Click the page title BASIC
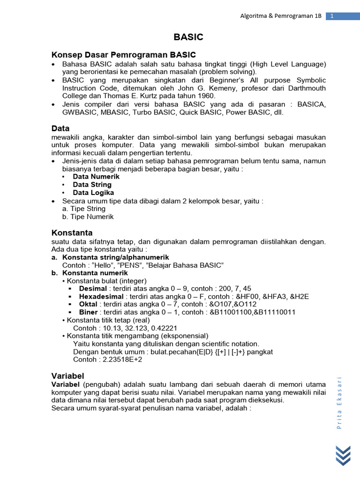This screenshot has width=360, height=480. pyautogui.click(x=188, y=37)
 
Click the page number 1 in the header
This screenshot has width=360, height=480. pyautogui.click(x=332, y=16)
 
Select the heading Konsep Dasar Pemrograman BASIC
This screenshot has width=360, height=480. pyautogui.click(x=123, y=55)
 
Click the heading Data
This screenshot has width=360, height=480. pyautogui.click(x=60, y=128)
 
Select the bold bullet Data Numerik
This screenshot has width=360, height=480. pyautogui.click(x=96, y=177)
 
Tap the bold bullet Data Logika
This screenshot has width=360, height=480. pyautogui.click(x=93, y=193)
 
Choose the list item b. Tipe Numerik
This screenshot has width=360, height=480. pyautogui.click(x=88, y=217)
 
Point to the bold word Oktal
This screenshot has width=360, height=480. pyautogui.click(x=89, y=305)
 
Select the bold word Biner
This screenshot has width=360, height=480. pyautogui.click(x=89, y=312)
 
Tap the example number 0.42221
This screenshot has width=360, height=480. pyautogui.click(x=162, y=328)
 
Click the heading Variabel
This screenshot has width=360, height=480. pyautogui.click(x=67, y=376)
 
